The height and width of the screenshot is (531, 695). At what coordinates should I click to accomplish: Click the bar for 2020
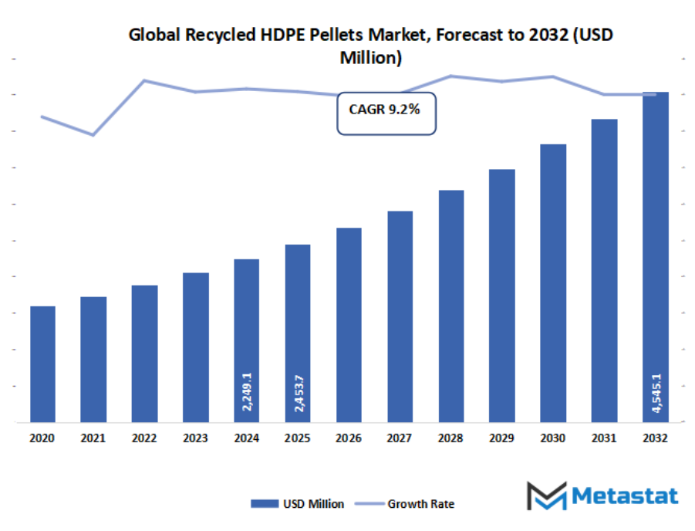(42, 364)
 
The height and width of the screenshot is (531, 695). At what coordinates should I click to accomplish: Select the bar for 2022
(144, 353)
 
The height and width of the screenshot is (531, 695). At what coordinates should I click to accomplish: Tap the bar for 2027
(400, 316)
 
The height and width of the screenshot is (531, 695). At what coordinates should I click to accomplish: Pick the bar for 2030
(552, 282)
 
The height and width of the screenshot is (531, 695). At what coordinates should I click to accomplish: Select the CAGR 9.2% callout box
(385, 113)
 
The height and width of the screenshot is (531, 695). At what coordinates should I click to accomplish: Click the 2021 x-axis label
(93, 438)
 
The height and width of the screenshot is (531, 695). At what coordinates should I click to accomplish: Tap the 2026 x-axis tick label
(349, 438)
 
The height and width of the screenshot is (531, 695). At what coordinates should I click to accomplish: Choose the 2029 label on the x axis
(501, 438)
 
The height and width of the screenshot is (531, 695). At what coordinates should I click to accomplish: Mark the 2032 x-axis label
(655, 438)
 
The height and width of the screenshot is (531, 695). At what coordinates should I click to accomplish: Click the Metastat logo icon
(546, 495)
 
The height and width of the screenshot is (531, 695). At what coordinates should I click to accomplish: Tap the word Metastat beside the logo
(624, 495)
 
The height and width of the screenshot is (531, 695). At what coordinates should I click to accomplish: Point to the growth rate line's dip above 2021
(93, 135)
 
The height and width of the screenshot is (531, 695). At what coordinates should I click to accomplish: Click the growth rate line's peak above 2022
(144, 80)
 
